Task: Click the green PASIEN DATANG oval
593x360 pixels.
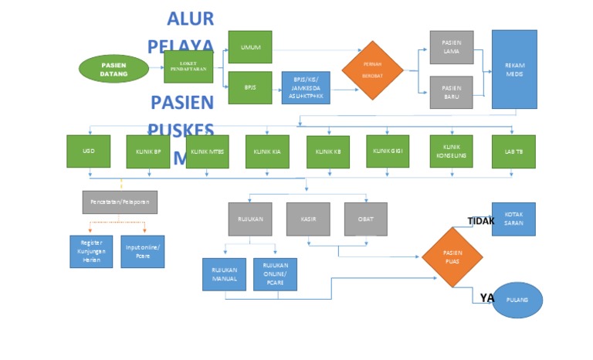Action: (x=114, y=69)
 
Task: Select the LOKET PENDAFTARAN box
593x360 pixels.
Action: (x=188, y=67)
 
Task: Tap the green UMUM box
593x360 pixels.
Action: (x=250, y=47)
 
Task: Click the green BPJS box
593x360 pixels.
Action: (x=250, y=87)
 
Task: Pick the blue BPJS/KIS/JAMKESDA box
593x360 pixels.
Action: (x=306, y=88)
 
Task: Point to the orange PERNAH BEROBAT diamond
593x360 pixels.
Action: (x=373, y=70)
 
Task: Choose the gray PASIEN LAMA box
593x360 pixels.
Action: (x=452, y=47)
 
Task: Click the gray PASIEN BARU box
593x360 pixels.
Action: (x=452, y=93)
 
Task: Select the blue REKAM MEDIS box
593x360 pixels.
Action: (x=513, y=69)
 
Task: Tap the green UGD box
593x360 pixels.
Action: (x=88, y=151)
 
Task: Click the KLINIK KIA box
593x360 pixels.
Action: (x=268, y=151)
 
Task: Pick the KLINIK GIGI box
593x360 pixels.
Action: (x=388, y=151)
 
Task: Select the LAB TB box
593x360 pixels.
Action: (x=513, y=151)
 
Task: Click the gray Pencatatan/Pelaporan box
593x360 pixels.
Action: (x=120, y=202)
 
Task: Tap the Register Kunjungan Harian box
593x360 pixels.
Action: (x=91, y=251)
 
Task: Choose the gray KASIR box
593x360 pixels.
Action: (x=308, y=219)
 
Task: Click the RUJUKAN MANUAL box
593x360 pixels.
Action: (x=224, y=274)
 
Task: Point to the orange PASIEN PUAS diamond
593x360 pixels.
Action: (x=452, y=256)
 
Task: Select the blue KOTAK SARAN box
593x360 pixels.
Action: (x=513, y=219)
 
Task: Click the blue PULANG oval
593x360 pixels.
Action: (x=517, y=300)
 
